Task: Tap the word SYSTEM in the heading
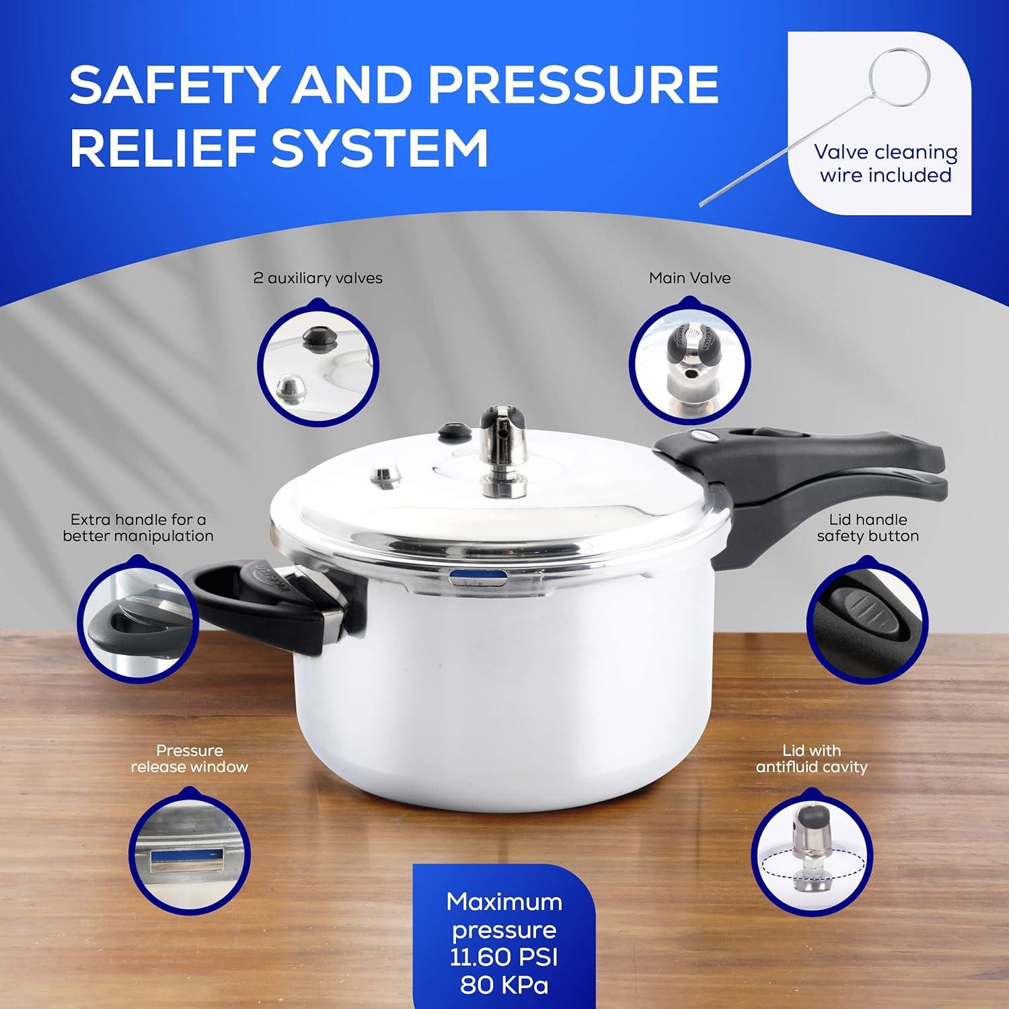(380, 149)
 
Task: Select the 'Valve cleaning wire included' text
(885, 163)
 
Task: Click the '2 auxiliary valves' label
(317, 278)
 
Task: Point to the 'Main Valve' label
(689, 278)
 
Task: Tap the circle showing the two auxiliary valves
(319, 363)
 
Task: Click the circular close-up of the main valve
(689, 363)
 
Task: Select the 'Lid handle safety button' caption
(867, 528)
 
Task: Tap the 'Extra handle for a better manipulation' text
(138, 528)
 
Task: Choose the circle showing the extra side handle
(138, 619)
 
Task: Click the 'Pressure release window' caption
(189, 759)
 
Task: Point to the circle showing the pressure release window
(189, 850)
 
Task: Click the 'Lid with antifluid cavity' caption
(811, 759)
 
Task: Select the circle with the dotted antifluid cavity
(811, 850)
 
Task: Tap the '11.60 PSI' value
(504, 957)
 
